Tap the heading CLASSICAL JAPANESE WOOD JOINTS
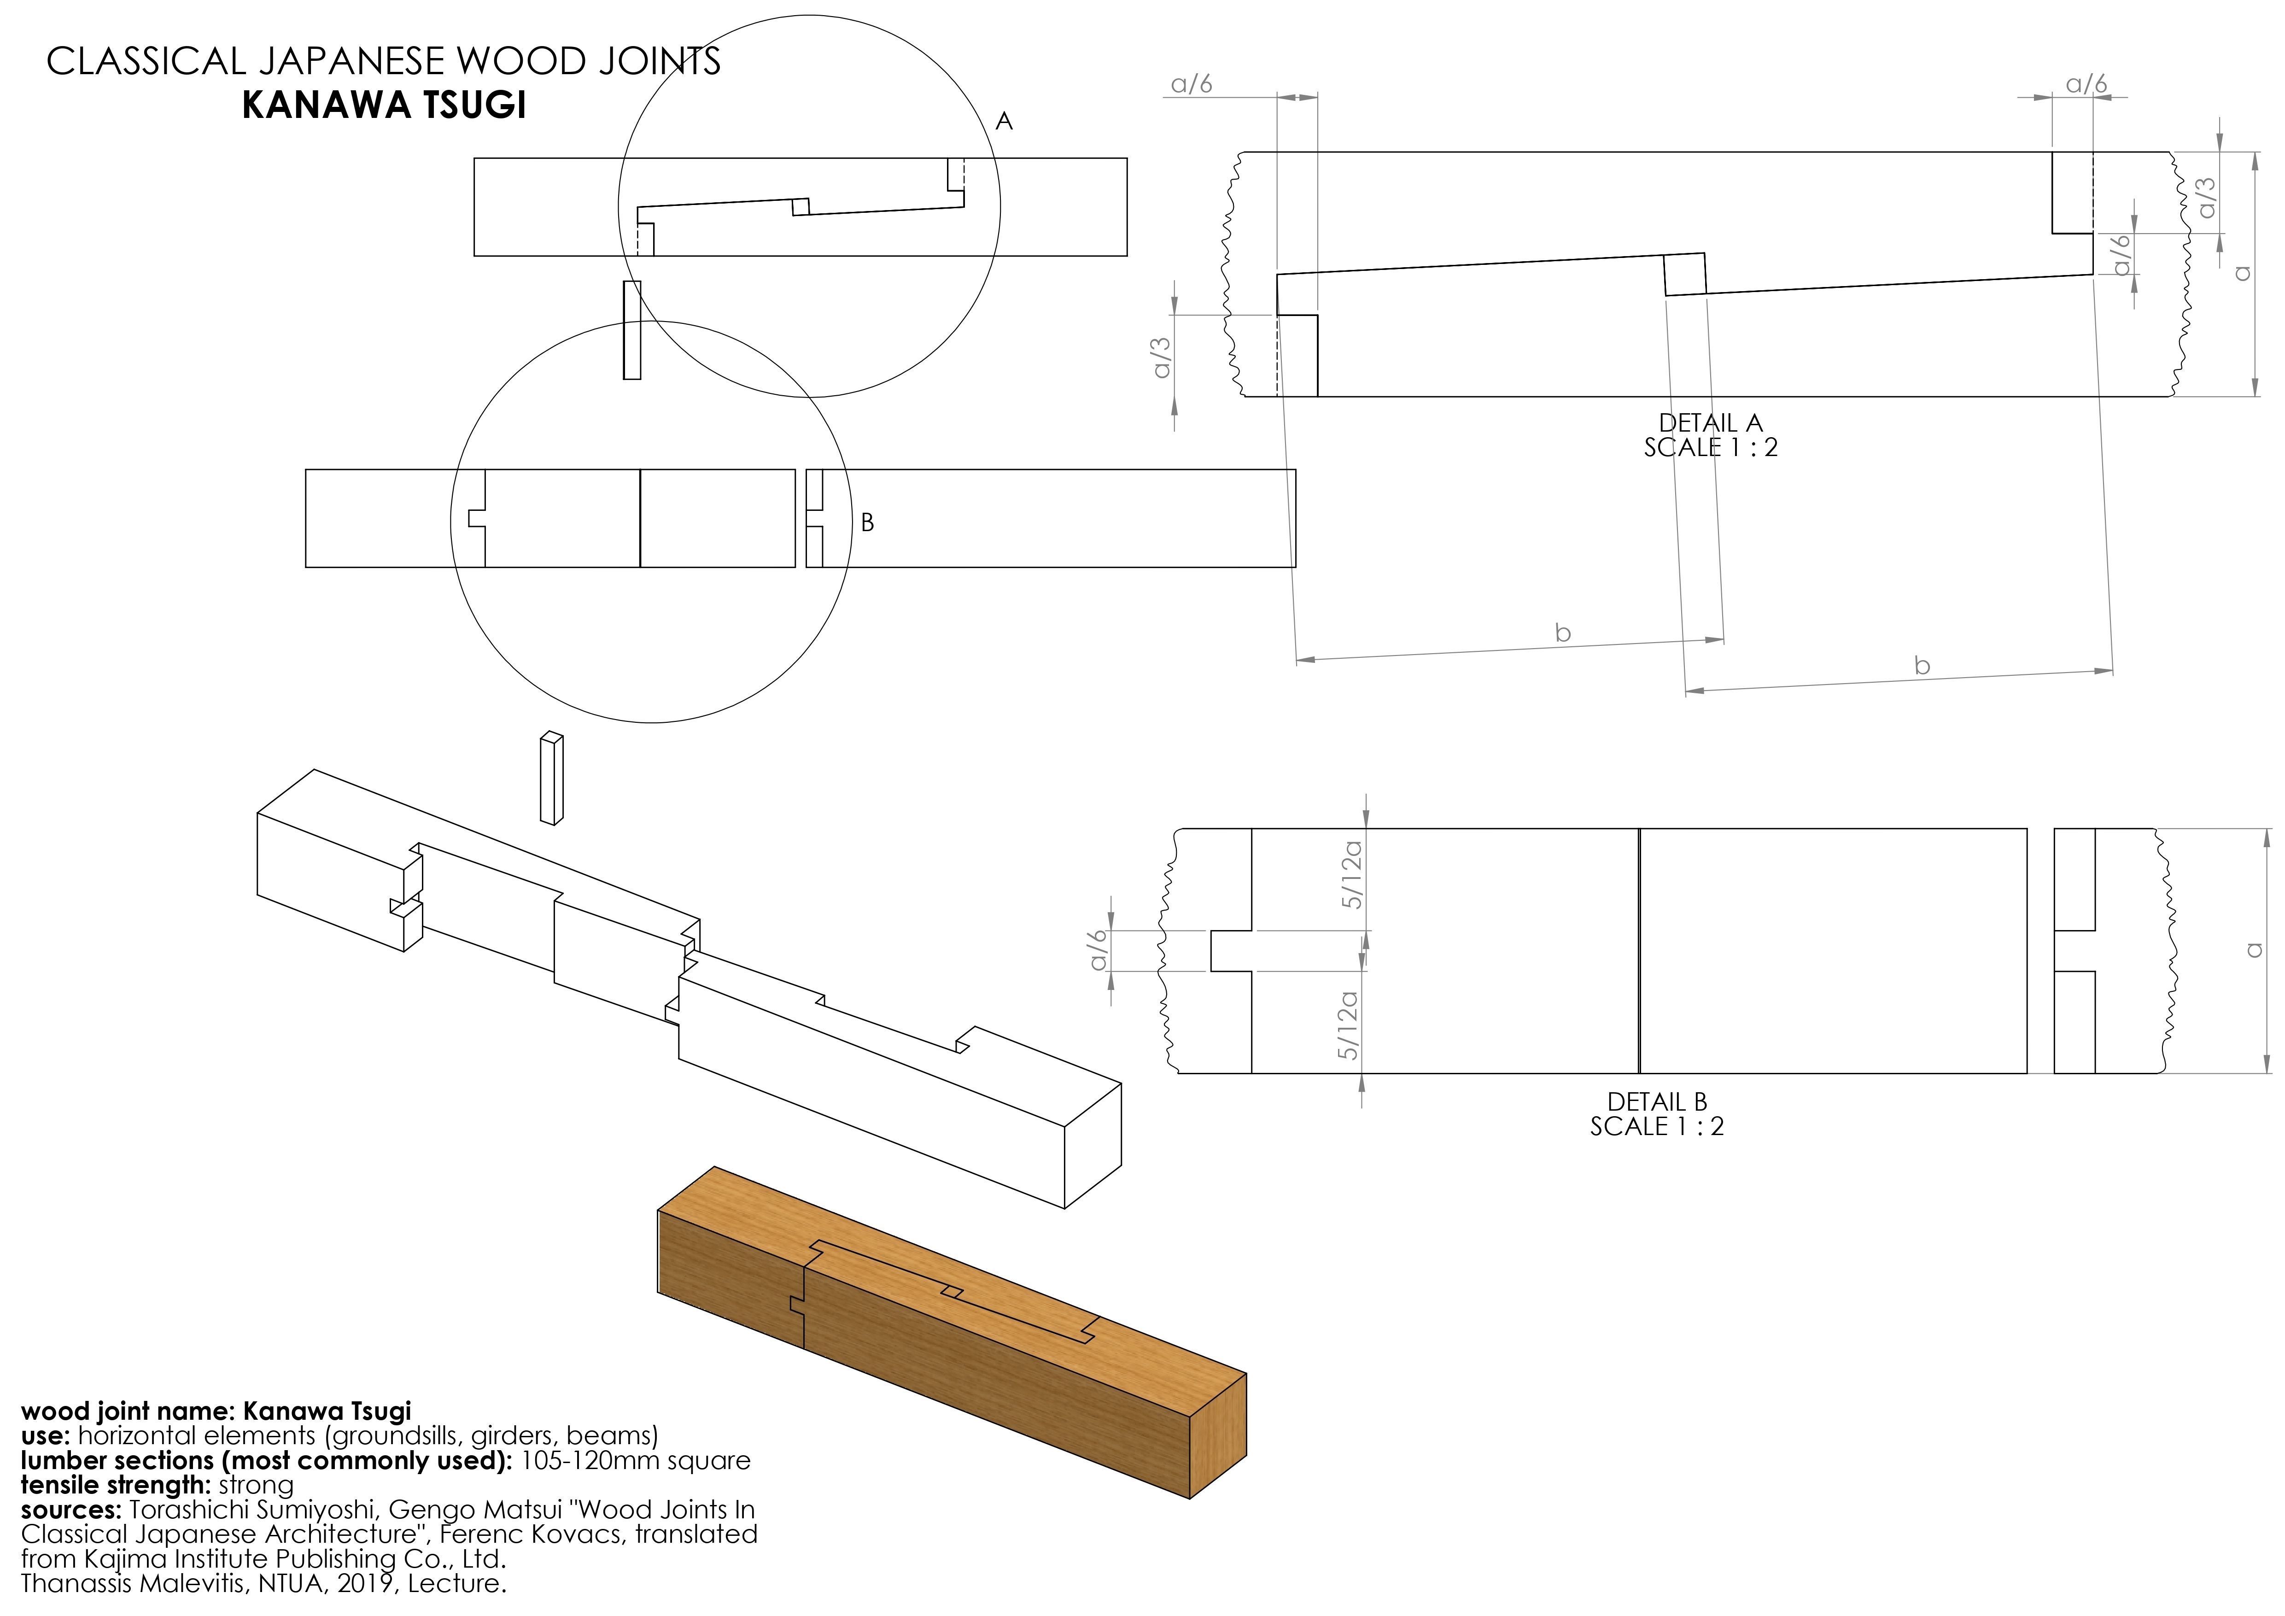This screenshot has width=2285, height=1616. (x=383, y=62)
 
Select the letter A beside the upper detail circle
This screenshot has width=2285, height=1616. (x=1004, y=122)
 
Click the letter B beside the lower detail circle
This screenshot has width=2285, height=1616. (x=867, y=522)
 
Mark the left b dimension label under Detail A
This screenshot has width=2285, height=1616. (x=1562, y=633)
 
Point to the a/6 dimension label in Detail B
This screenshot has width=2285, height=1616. (x=1099, y=950)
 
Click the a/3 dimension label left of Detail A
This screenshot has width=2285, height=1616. (x=1162, y=358)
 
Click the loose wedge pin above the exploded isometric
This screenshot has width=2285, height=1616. (x=551, y=779)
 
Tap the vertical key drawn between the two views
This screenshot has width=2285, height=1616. (x=631, y=330)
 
